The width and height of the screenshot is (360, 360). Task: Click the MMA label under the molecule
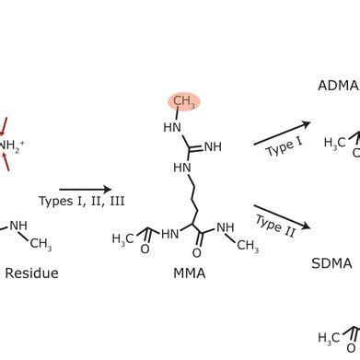pyautogui.click(x=190, y=273)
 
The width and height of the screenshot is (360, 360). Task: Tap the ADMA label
pyautogui.click(x=339, y=86)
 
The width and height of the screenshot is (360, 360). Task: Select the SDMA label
pyautogui.click(x=331, y=263)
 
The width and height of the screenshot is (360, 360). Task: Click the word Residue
pyautogui.click(x=31, y=273)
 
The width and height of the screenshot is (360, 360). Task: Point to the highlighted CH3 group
pyautogui.click(x=184, y=101)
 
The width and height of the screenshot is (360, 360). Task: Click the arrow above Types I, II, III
pyautogui.click(x=86, y=190)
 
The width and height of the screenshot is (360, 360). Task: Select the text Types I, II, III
pyautogui.click(x=82, y=202)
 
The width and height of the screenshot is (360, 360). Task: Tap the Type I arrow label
pyautogui.click(x=285, y=146)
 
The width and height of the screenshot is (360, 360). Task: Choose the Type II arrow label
pyautogui.click(x=275, y=226)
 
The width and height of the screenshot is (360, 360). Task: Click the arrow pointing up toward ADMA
pyautogui.click(x=282, y=134)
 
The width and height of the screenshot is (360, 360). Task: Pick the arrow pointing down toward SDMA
pyautogui.click(x=282, y=217)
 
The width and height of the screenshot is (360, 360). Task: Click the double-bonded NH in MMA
pyautogui.click(x=213, y=147)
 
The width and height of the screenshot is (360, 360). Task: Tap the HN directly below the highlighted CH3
pyautogui.click(x=172, y=128)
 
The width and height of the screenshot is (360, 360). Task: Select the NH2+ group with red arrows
pyautogui.click(x=11, y=145)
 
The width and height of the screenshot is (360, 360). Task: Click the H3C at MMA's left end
pyautogui.click(x=122, y=238)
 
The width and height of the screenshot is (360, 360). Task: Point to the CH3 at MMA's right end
pyautogui.click(x=248, y=245)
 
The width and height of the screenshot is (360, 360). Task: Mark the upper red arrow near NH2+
pyautogui.click(x=4, y=126)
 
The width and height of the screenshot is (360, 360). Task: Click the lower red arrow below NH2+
pyautogui.click(x=6, y=162)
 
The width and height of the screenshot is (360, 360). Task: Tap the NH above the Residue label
pyautogui.click(x=18, y=226)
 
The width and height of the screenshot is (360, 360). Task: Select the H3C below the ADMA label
pyautogui.click(x=335, y=143)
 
